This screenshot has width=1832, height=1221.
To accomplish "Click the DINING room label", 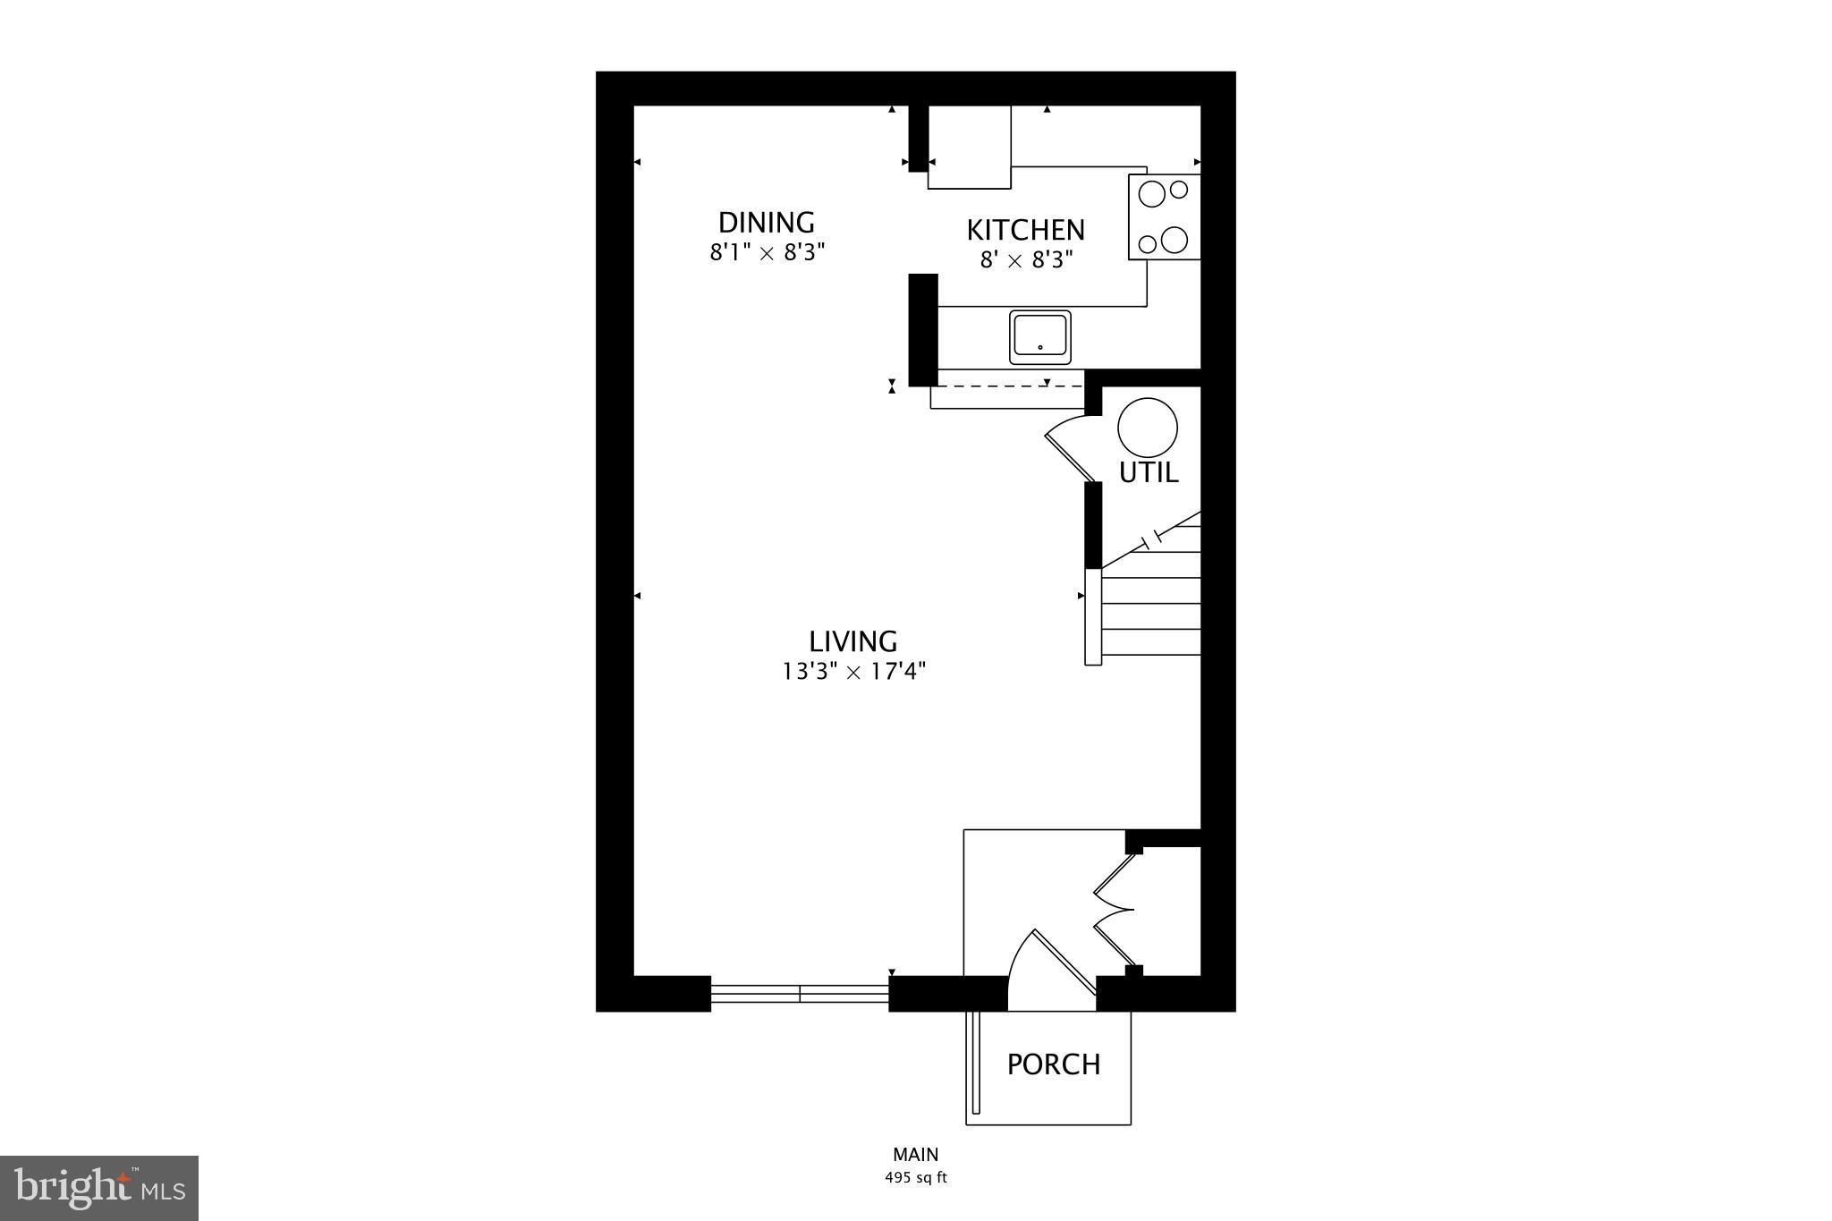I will pos(767,222).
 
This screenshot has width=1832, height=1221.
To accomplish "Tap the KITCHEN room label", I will pos(1025,230).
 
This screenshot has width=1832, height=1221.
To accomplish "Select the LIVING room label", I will pos(852,641).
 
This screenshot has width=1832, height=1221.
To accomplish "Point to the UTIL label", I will pos(1149,472).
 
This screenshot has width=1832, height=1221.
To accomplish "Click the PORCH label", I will pos(1054,1064).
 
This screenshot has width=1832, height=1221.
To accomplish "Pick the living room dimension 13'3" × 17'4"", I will pos(853,671).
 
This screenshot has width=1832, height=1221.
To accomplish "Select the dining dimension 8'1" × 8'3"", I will pos(767,252).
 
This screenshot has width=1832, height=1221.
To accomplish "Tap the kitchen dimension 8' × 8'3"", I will pos(1025,260).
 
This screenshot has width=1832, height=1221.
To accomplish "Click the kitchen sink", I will pos(1039,337).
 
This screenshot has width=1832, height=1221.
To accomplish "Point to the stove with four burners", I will pos(1164,216).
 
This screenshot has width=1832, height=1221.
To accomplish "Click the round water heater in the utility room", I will pos(1148,428).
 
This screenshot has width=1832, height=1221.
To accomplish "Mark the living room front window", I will pos(800,993).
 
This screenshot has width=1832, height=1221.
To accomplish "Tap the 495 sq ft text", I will pos(915,1178).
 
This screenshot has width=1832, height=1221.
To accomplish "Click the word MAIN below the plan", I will pos(915,1155).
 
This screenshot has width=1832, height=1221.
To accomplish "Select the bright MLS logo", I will pos(99,1188).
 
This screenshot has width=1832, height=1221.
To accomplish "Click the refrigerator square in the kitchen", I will pos(969,147).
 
